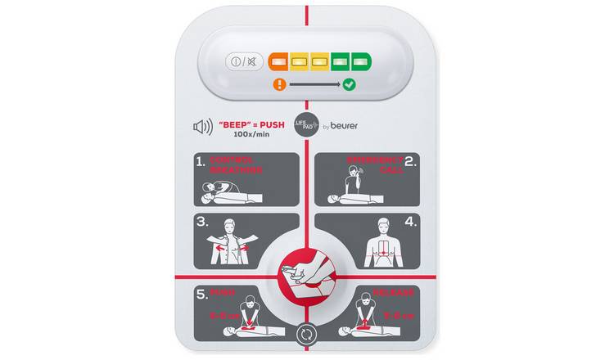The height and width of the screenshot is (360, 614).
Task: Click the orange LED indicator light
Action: pos(278,61)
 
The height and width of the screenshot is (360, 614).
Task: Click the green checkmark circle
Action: pos(349,83)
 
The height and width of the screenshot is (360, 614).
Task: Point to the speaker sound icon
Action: pos(202,127)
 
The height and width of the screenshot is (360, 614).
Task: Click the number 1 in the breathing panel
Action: pos(201,162)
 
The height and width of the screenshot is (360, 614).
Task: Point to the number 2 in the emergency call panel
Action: pos(412,162)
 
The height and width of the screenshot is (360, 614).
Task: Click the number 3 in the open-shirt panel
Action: pos(201,223)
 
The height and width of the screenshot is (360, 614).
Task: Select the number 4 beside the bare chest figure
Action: pos(411,223)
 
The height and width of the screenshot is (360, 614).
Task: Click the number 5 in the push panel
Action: pos(201,293)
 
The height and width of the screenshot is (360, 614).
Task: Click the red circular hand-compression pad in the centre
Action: pos(305,271)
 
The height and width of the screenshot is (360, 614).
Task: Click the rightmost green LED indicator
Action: pos(361,61)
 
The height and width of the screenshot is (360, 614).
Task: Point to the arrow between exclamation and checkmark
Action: pos(314,83)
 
